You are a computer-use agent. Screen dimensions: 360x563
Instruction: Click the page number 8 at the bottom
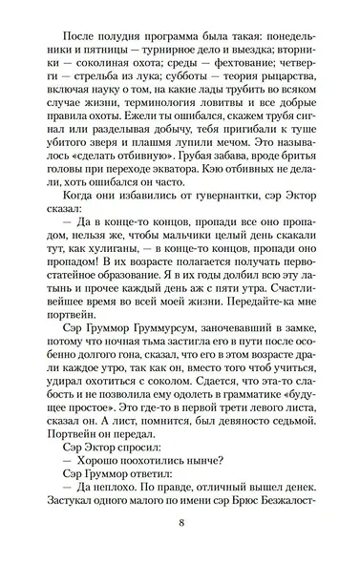click(x=180, y=523)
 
